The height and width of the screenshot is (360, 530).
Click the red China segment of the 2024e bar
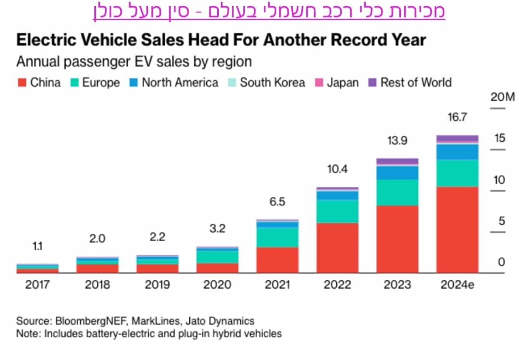tap(457, 229)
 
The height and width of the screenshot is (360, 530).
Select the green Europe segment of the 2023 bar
tap(397, 192)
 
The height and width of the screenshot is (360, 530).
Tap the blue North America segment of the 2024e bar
tap(457, 152)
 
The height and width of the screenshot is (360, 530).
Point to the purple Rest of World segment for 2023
tap(397, 161)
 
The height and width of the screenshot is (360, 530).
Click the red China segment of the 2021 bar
tap(277, 260)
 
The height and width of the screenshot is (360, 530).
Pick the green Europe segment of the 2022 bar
tap(337, 211)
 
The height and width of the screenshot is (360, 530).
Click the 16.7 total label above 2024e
tap(457, 117)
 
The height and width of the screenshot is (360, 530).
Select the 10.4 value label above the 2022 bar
tap(337, 169)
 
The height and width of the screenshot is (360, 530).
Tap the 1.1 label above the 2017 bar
tap(37, 246)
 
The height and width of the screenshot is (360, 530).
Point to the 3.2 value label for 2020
tap(217, 228)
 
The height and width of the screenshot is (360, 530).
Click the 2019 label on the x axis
tap(157, 285)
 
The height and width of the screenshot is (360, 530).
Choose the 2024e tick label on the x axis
tap(457, 285)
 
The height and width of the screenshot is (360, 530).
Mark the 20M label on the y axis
tap(502, 97)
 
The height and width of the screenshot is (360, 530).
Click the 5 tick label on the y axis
tap(501, 221)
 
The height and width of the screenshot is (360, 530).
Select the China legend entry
tap(39, 83)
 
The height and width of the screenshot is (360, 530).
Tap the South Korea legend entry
tap(267, 83)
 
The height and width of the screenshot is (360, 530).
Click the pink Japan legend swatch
tap(319, 83)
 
